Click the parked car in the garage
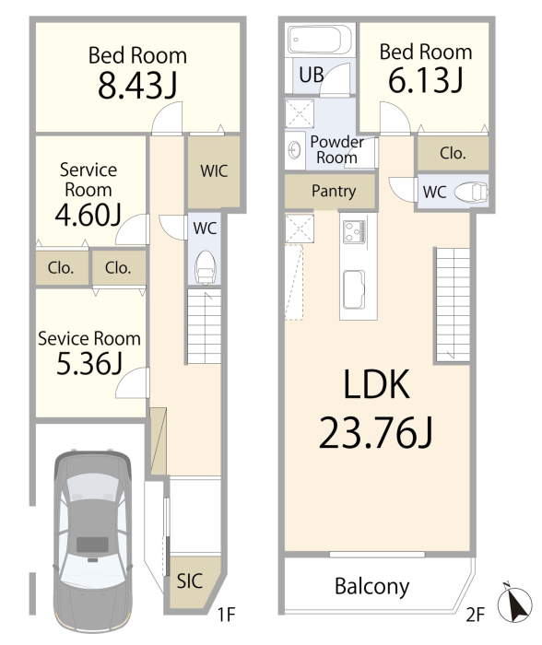[92, 542]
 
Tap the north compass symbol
[514, 604]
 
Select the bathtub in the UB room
[319, 40]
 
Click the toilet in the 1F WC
[205, 267]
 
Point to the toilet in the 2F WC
[472, 192]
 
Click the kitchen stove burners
[354, 231]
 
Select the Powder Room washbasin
[296, 150]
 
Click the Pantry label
[334, 192]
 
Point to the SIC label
[190, 580]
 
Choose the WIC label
[214, 170]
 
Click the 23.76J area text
[375, 432]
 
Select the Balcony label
[372, 587]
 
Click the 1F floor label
[226, 615]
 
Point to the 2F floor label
[476, 615]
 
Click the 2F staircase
[453, 305]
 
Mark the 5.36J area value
[88, 364]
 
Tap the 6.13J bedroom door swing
[395, 118]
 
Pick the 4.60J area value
[88, 215]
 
